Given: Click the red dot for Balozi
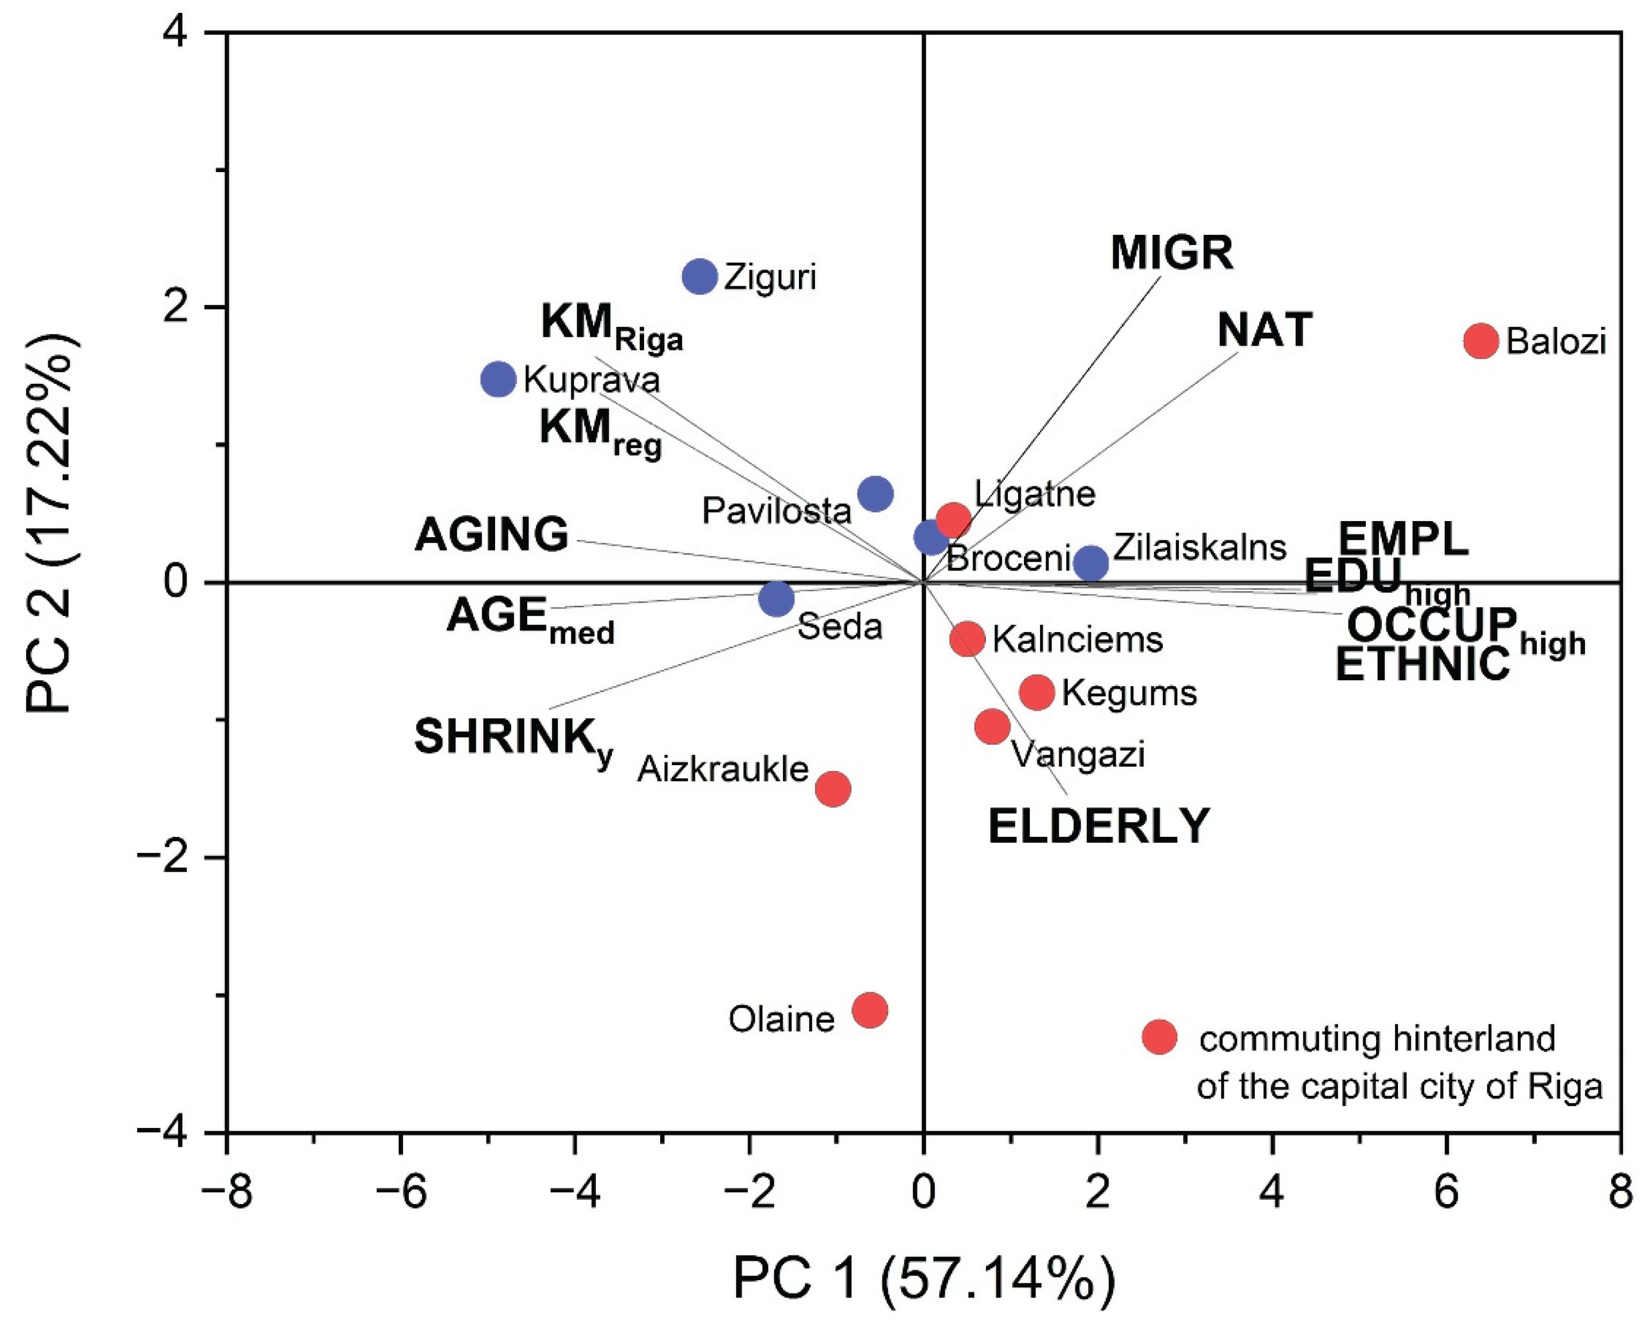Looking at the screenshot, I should (1481, 340).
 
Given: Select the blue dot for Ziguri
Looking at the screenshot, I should (700, 276).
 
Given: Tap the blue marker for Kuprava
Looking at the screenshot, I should (498, 378).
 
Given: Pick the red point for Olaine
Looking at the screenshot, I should (869, 1011).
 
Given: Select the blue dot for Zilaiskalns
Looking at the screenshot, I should (1091, 563).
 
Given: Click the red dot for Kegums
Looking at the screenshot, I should (1036, 692).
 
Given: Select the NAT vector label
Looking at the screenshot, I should (1264, 330).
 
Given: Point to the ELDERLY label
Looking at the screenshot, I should (1098, 826).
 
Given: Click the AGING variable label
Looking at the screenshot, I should (491, 534).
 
